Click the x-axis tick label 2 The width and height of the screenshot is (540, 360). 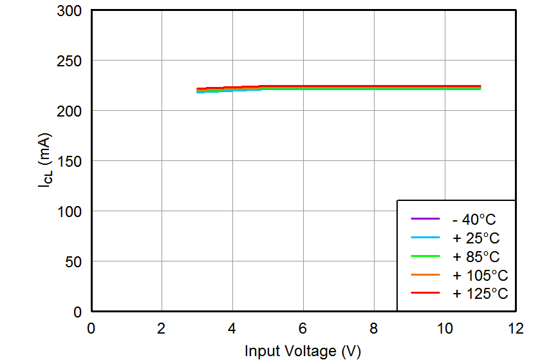point(162,328)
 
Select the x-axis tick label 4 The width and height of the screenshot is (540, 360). point(232,328)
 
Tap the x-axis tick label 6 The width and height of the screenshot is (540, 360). point(303,328)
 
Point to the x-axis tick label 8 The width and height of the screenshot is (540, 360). point(374,328)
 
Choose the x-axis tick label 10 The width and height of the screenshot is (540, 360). point(445,328)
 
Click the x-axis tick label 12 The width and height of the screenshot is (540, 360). point(516,328)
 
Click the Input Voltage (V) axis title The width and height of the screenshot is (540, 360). point(303,351)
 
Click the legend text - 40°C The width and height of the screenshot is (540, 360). point(474,220)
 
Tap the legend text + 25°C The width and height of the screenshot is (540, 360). point(476,238)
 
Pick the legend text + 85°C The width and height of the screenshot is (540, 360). point(476,257)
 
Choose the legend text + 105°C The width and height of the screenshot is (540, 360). point(480,276)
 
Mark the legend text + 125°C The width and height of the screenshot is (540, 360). point(480,294)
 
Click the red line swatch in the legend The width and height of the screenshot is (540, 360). point(425,294)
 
